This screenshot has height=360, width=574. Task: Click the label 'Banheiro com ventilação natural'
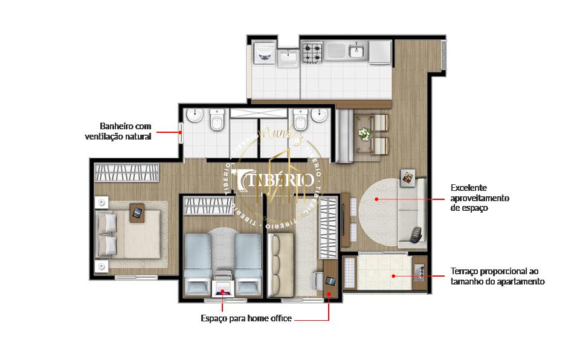118,131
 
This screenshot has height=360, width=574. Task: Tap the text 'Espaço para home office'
246,318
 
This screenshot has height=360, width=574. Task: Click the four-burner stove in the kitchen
312,52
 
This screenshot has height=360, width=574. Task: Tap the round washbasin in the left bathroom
195,116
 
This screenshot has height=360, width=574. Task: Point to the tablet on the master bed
138,212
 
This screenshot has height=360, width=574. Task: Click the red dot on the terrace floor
393,276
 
